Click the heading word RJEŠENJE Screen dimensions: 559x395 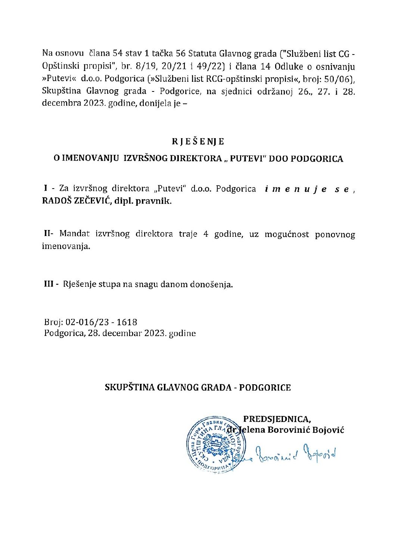[198, 142]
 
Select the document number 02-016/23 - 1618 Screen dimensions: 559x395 [101, 322]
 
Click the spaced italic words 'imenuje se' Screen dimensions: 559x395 [307, 189]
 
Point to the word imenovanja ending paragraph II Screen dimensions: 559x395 [66, 246]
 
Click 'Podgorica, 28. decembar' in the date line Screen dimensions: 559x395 [92, 333]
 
